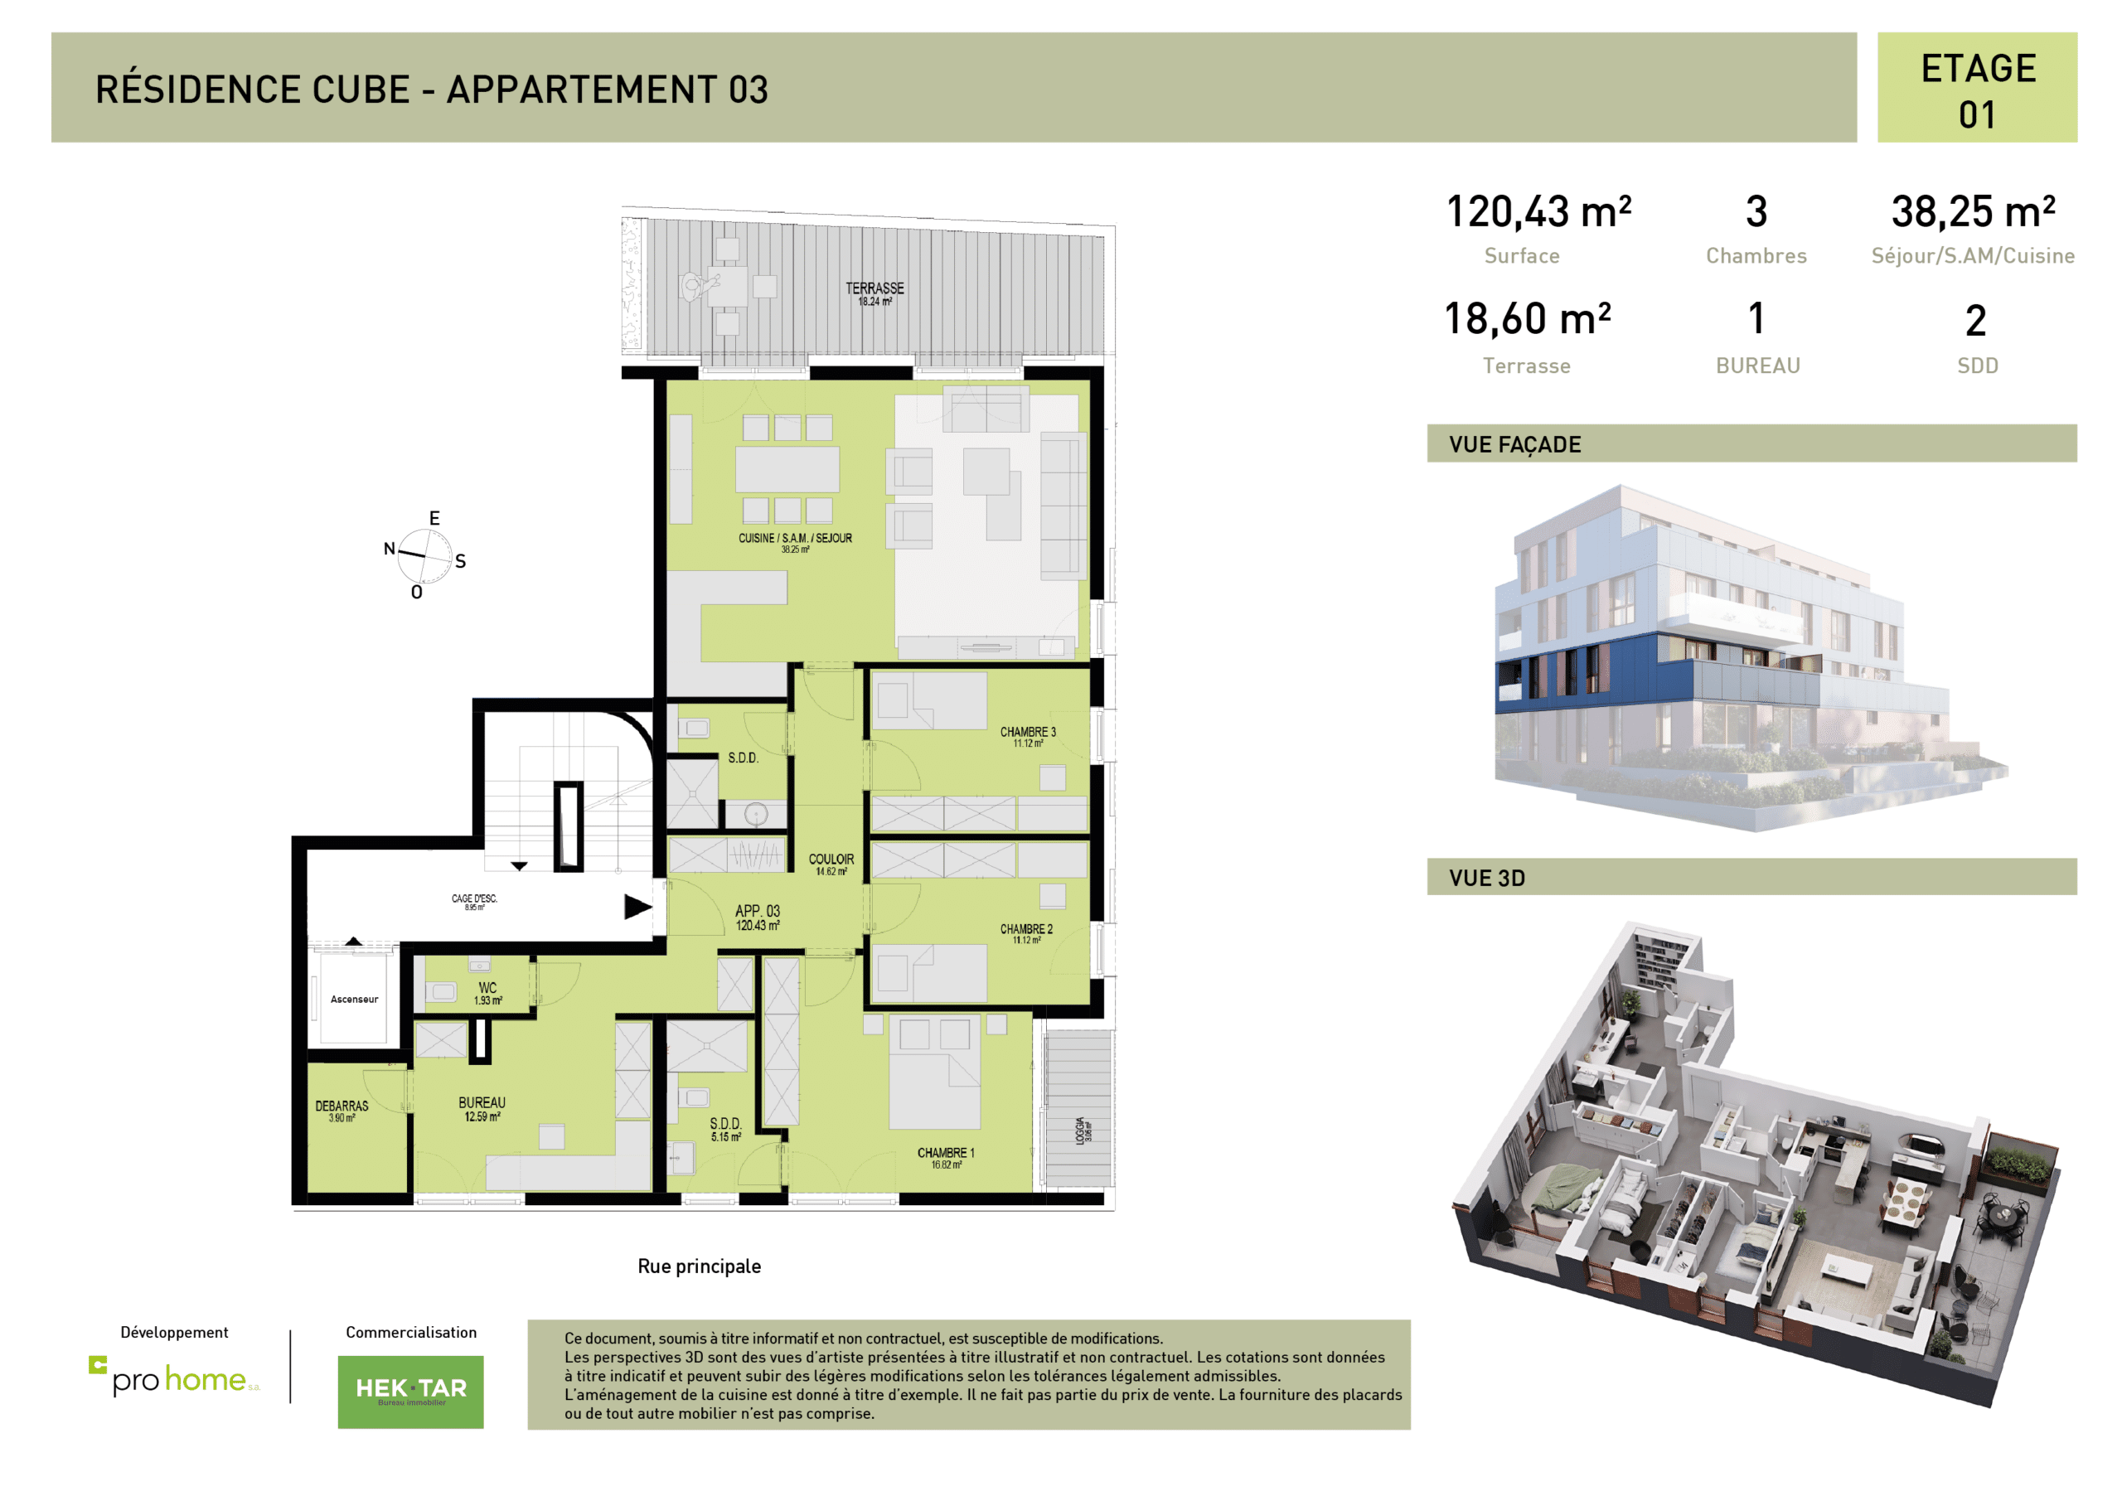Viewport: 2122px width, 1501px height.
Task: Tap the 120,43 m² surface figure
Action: click(1538, 211)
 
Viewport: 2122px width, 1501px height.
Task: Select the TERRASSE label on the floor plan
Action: click(874, 289)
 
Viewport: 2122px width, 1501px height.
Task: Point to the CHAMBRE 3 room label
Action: click(1027, 732)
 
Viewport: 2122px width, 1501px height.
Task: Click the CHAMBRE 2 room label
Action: click(1026, 929)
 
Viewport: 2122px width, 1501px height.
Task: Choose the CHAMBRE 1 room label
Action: click(946, 1153)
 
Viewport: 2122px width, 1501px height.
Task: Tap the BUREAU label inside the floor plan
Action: click(482, 1102)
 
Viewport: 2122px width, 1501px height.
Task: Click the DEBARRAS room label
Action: click(342, 1106)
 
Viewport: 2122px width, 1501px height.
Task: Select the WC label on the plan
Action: click(487, 988)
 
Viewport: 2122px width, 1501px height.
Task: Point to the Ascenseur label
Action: click(354, 999)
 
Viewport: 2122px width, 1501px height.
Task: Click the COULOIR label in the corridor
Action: click(831, 859)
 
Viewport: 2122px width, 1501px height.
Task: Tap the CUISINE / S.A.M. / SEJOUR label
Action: click(795, 538)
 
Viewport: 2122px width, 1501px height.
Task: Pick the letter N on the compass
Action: click(389, 549)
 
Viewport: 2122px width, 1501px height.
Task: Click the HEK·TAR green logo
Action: click(410, 1391)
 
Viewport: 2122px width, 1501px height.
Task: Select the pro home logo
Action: click(176, 1378)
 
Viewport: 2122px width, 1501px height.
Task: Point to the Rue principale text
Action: click(699, 1266)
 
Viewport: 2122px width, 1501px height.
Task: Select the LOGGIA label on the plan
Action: click(1080, 1130)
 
